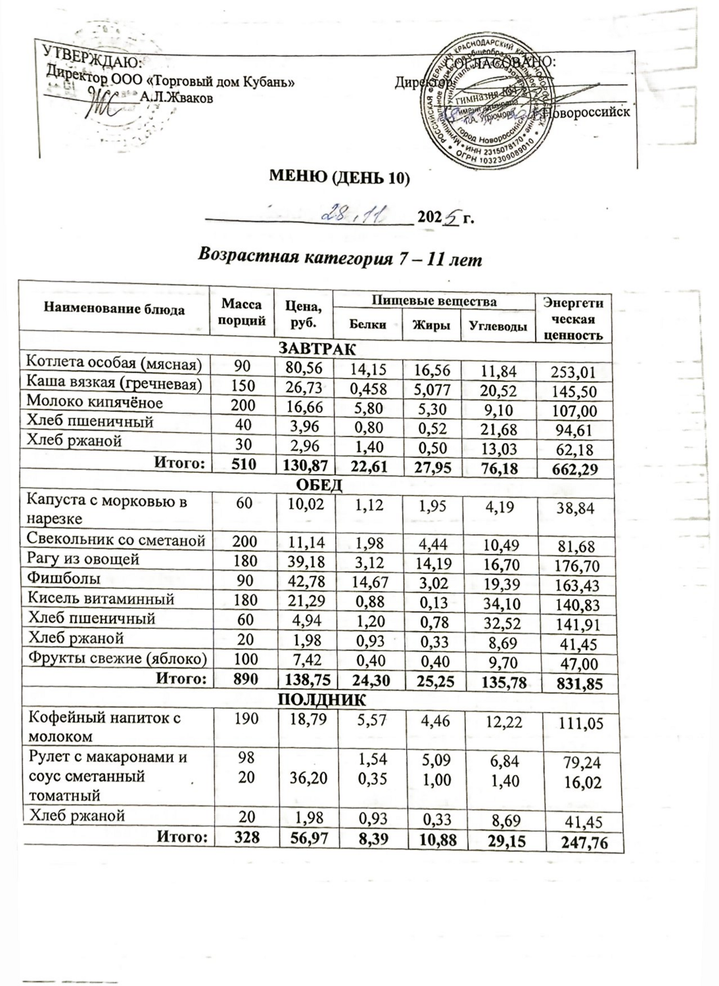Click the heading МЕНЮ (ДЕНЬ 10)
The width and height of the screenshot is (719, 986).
(340, 178)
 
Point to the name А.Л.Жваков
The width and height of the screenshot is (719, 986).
(176, 97)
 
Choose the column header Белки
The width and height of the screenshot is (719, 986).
(367, 325)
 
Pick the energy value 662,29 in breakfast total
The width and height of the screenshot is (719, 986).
(574, 469)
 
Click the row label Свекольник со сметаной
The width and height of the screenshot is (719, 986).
(115, 540)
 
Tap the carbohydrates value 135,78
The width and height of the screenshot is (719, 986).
(498, 682)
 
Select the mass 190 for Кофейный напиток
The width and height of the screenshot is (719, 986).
(243, 718)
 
